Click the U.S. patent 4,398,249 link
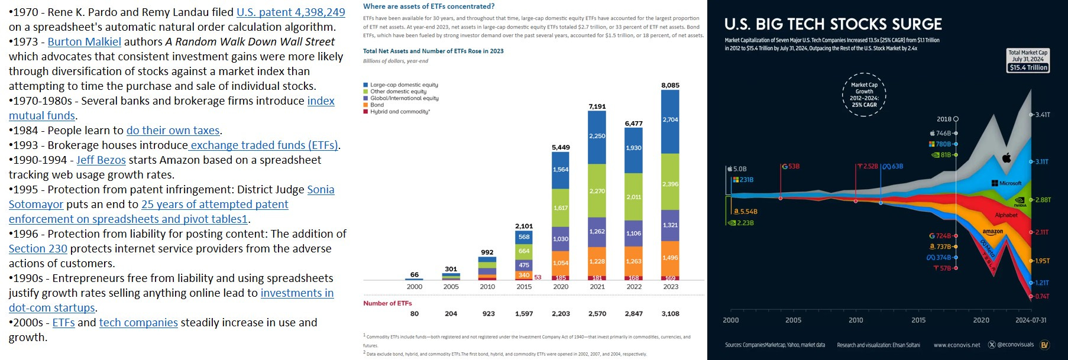(x=290, y=12)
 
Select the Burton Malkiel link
(x=84, y=41)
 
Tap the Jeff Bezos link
(x=101, y=160)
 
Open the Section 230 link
(x=38, y=248)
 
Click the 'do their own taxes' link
(x=173, y=130)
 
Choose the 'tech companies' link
(x=138, y=322)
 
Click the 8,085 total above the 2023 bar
(x=670, y=85)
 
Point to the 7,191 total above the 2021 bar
(x=597, y=106)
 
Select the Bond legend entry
(x=377, y=105)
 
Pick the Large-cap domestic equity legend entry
(x=404, y=85)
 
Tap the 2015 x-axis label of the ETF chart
(x=524, y=287)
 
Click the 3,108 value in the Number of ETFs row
(x=670, y=314)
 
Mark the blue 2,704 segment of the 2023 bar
(x=670, y=119)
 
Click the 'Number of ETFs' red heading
(x=387, y=303)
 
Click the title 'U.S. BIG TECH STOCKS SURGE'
(x=833, y=24)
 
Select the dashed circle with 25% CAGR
(x=864, y=95)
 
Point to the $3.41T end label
(x=1043, y=115)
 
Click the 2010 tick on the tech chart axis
(x=856, y=320)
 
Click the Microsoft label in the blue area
(x=1010, y=183)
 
